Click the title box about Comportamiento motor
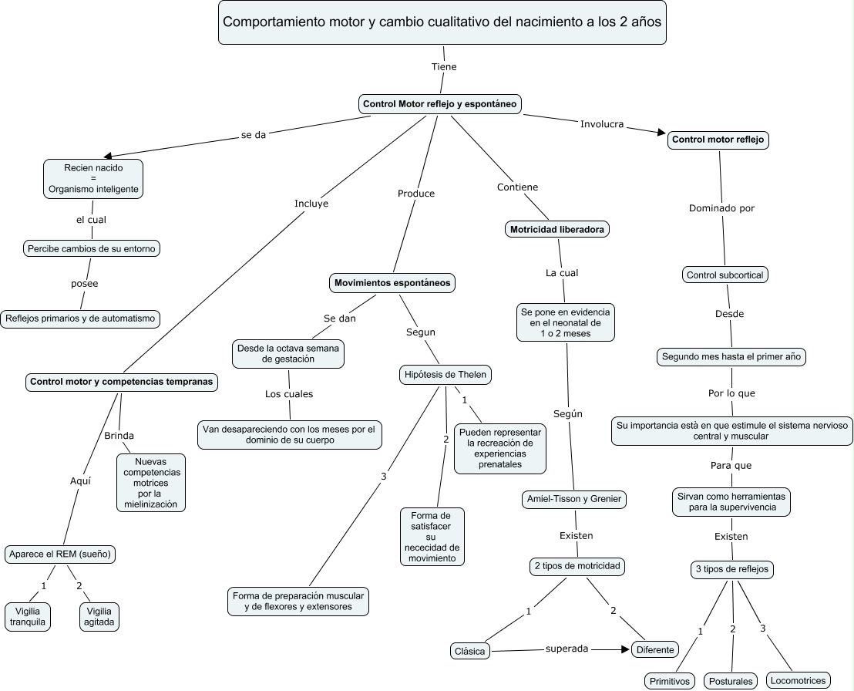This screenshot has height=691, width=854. [442, 22]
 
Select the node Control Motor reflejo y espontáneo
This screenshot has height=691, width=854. [440, 104]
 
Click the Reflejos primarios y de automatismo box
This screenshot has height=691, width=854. [80, 318]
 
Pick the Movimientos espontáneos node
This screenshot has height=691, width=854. [392, 283]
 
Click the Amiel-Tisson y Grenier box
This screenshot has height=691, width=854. [573, 499]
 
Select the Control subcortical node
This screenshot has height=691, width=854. [725, 275]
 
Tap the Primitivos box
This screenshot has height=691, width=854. [669, 681]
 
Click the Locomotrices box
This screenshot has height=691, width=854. [799, 680]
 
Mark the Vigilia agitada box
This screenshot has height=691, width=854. [99, 615]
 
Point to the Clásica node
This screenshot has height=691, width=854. [469, 652]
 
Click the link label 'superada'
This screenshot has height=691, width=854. [567, 649]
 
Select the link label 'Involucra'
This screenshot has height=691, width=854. [601, 124]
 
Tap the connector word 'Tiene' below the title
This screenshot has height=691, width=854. [444, 67]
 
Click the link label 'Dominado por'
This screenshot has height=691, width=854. [721, 208]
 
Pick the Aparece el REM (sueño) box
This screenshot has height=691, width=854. [62, 554]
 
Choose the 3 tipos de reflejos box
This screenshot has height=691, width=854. [731, 570]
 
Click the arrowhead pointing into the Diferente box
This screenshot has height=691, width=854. [625, 649]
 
